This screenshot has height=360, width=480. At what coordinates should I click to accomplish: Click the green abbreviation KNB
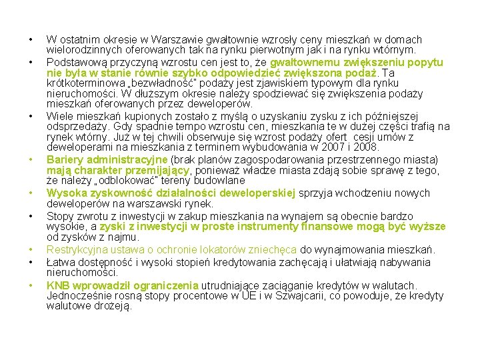click(58, 285)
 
